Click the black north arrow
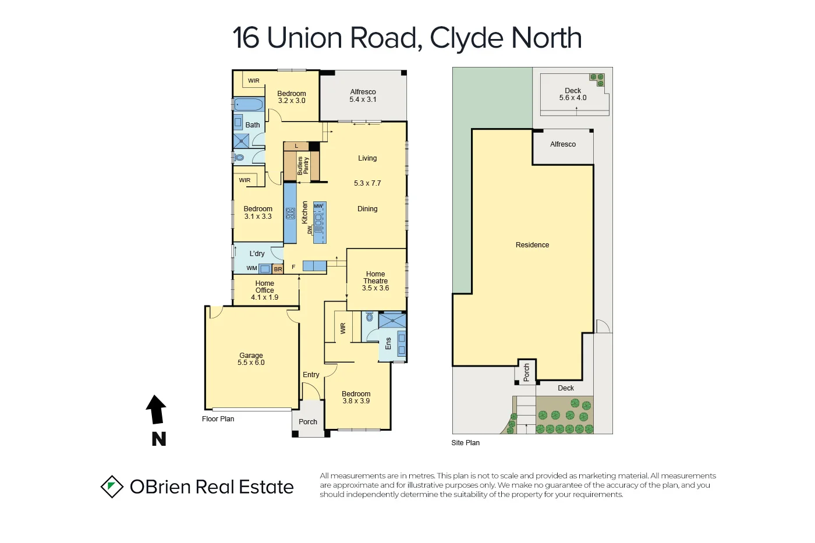click(x=156, y=410)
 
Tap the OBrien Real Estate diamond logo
click(x=112, y=487)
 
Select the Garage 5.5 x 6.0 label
click(x=251, y=359)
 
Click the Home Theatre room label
click(x=375, y=281)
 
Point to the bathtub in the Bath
click(x=249, y=105)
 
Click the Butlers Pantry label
click(x=303, y=165)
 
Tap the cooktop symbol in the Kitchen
click(x=290, y=214)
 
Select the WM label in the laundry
click(x=251, y=268)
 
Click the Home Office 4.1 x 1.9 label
click(x=265, y=290)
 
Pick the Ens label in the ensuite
click(x=388, y=343)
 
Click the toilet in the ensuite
click(x=369, y=317)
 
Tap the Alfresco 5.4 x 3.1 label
click(x=363, y=95)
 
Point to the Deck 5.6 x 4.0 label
click(x=573, y=94)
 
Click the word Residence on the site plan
click(x=532, y=245)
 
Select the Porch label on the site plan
click(x=526, y=372)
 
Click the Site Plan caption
click(x=465, y=443)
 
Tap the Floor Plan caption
click(x=218, y=419)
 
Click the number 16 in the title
click(x=246, y=38)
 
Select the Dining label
click(x=367, y=209)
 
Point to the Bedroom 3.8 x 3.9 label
click(x=356, y=398)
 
